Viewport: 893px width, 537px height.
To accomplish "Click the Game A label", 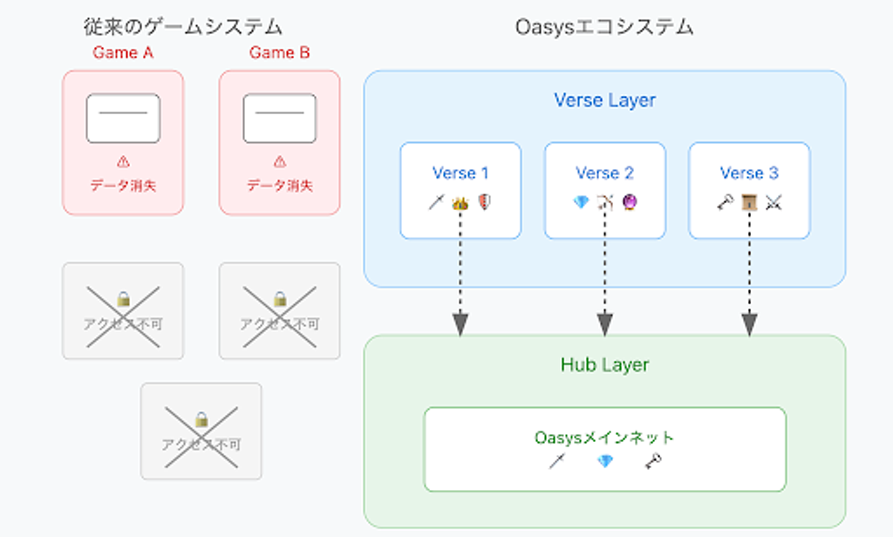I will [123, 52].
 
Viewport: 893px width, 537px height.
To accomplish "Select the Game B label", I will [279, 52].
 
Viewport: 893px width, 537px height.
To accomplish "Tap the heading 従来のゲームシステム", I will [183, 27].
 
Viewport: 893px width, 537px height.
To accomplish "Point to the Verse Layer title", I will [604, 100].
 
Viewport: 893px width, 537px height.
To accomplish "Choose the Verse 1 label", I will [460, 173].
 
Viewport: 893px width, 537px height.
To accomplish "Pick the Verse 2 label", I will [604, 173].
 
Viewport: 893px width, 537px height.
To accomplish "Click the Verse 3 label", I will [749, 173].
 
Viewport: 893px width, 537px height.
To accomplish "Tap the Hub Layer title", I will [604, 364].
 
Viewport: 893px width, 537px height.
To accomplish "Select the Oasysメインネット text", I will [604, 438].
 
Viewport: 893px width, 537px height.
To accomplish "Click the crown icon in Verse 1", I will [460, 203].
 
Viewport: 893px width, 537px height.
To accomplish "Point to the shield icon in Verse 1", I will [485, 203].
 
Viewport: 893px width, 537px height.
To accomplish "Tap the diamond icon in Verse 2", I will [581, 203].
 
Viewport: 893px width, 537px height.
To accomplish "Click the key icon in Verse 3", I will [725, 203].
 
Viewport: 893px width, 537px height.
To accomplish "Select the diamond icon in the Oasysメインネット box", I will [604, 462].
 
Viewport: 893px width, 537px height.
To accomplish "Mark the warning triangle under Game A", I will [123, 161].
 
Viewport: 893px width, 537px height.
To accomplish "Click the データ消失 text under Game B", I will [279, 186].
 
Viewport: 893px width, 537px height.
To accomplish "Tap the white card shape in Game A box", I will [123, 119].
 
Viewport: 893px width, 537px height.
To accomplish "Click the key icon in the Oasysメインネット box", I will [653, 462].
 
